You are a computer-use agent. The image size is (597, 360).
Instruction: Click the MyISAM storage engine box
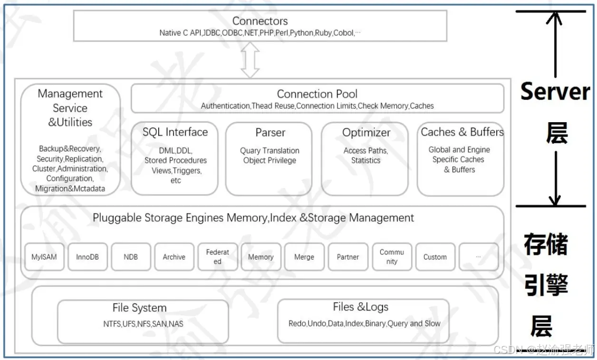point(44,257)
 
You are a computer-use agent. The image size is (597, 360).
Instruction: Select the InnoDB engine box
point(87,257)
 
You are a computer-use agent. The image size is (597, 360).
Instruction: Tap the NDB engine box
point(131,257)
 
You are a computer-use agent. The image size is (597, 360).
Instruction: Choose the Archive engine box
point(174,257)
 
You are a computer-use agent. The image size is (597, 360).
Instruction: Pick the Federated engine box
point(218,257)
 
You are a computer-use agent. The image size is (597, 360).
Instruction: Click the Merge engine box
point(304,257)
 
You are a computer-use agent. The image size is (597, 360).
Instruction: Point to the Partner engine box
point(348,257)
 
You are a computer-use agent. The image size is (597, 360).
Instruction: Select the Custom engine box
point(435,257)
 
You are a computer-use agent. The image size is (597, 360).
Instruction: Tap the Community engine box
point(392,257)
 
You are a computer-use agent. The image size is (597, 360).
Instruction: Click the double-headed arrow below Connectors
point(250,60)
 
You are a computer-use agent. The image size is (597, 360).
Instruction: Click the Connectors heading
point(260,21)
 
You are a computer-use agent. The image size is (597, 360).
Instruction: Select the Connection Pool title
point(317,94)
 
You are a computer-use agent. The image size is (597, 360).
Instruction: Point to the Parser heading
point(270,132)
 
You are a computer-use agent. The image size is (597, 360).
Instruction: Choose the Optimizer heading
point(366,133)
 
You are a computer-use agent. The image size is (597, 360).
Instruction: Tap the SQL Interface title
point(175,132)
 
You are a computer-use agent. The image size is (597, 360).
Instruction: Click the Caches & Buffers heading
point(462,132)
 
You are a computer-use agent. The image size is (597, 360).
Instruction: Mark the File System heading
point(139,308)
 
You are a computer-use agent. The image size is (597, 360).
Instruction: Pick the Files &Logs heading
point(360,307)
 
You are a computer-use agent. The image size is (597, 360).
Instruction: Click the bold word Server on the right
point(555,91)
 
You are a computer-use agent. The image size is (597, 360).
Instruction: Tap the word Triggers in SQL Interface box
point(188,170)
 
